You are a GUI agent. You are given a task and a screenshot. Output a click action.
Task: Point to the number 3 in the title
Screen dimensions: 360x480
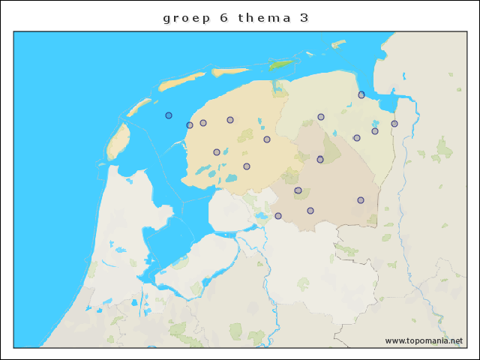point(303,17)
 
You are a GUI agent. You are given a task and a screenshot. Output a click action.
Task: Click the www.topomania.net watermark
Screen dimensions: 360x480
point(424,340)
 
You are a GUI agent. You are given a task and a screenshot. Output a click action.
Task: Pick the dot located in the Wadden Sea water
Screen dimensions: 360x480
point(169,115)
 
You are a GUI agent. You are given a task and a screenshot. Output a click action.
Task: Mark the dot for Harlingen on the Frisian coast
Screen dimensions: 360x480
point(190,125)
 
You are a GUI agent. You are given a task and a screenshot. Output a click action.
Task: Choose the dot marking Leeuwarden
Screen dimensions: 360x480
point(230,120)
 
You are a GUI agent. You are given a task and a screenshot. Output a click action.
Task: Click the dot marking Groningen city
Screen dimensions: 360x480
point(321,117)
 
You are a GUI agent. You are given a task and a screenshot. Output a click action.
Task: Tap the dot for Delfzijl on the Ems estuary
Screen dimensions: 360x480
point(361,94)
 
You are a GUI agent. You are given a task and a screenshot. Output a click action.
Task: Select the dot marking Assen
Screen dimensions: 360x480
point(320,159)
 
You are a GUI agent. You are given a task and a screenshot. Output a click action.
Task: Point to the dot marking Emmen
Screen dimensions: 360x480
point(361,200)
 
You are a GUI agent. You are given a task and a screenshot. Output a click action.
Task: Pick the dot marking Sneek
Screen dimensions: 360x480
point(217,152)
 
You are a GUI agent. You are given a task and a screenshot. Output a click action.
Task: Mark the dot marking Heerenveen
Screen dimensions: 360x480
point(247,166)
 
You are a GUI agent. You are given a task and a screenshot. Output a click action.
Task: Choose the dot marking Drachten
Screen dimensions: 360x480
point(267,139)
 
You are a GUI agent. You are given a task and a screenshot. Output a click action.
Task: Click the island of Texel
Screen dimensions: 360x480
point(117,141)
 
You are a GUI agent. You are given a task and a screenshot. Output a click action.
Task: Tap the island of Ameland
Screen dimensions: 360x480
point(229,72)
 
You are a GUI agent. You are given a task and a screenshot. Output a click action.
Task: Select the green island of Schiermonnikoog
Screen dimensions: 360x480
point(280,64)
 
